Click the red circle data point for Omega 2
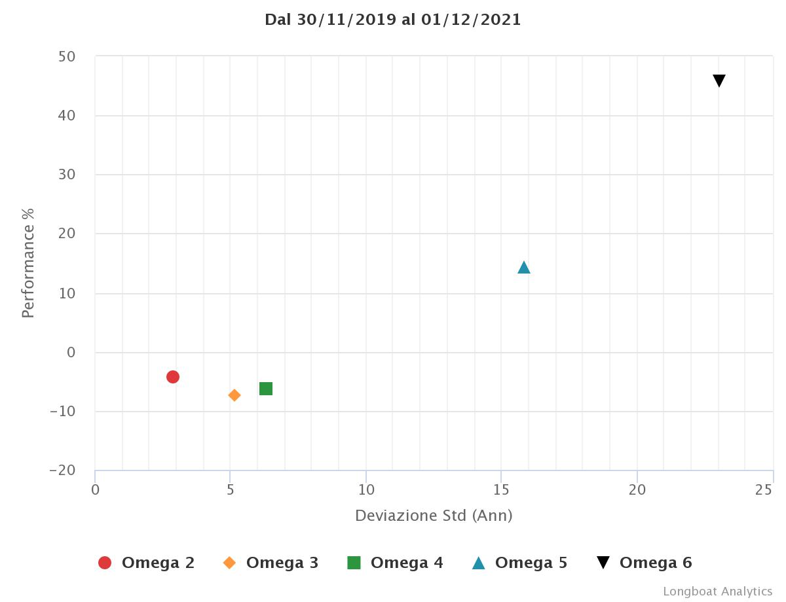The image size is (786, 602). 173,376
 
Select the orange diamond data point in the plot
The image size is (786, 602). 234,395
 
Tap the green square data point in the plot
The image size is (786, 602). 266,389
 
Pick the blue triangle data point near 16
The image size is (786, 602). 524,267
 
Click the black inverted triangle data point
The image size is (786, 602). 719,81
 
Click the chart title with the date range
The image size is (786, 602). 393,20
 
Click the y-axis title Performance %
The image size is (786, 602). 28,263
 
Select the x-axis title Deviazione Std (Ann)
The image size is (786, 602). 434,516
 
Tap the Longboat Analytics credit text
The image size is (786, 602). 717,592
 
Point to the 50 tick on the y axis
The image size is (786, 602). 67,57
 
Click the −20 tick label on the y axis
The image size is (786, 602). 63,470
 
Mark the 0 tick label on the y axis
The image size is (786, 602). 71,353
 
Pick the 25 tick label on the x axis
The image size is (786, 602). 764,489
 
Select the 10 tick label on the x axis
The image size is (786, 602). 366,489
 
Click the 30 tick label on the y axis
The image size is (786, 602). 67,175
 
